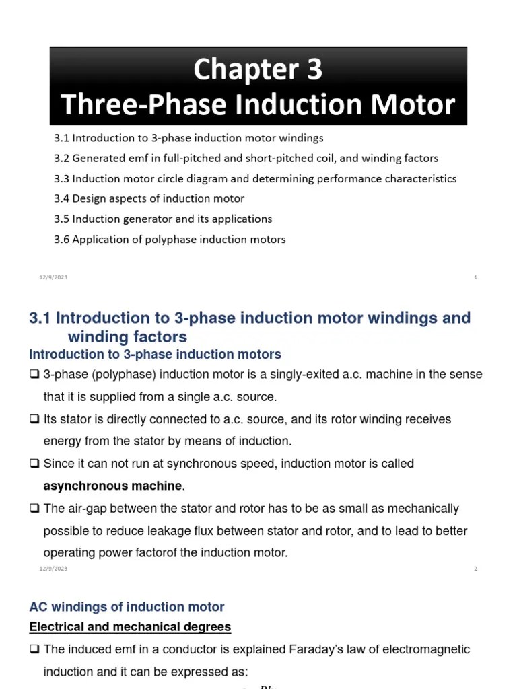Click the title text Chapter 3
pos(258,69)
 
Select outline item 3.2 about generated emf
pos(246,159)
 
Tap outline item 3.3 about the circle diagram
pos(255,179)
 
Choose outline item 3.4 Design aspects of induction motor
pos(149,199)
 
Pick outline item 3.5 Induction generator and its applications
pos(163,219)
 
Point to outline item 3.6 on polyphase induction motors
pos(170,240)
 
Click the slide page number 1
pos(475,277)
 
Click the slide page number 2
pos(475,569)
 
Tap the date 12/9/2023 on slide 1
pos(53,277)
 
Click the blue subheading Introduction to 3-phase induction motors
pos(156,354)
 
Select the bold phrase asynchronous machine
pos(112,486)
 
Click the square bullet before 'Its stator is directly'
pos(34,419)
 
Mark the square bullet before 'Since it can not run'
pos(34,464)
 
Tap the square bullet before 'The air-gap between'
pos(34,509)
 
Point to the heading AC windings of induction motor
pos(127,607)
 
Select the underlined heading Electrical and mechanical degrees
pos(130,627)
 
